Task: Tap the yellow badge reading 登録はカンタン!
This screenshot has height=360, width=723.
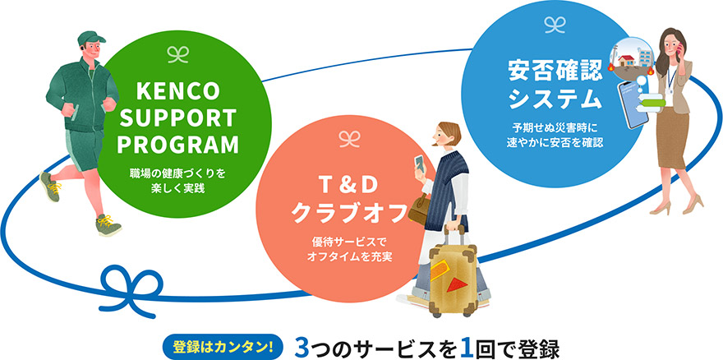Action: click(x=221, y=344)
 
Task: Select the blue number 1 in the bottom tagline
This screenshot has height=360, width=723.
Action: click(x=467, y=345)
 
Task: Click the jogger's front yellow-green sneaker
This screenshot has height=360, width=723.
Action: click(x=107, y=224)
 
